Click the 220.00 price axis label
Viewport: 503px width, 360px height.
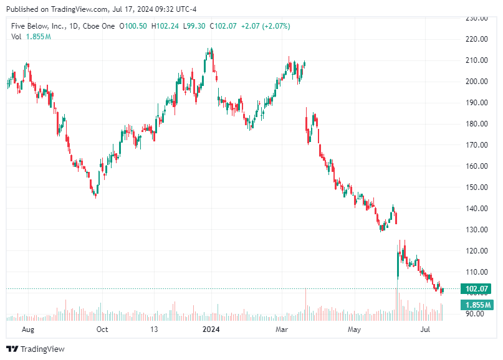pyautogui.click(x=476, y=39)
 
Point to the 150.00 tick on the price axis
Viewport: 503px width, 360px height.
pyautogui.click(x=476, y=187)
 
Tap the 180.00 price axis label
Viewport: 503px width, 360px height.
pyautogui.click(x=476, y=124)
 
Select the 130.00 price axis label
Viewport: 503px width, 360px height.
pyautogui.click(x=476, y=230)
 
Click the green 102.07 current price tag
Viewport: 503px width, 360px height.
pyautogui.click(x=476, y=289)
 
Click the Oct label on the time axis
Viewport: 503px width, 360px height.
pyautogui.click(x=102, y=329)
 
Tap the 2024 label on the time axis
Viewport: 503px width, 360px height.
pyautogui.click(x=211, y=329)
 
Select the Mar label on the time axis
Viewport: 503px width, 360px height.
pyautogui.click(x=282, y=329)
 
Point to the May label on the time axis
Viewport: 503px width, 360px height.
pyautogui.click(x=354, y=329)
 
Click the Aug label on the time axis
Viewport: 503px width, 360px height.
pyautogui.click(x=28, y=329)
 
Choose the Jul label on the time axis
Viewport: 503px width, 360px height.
pyautogui.click(x=426, y=329)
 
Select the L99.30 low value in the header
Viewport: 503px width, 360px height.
pyautogui.click(x=196, y=26)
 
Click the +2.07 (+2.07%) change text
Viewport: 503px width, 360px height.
pyautogui.click(x=266, y=26)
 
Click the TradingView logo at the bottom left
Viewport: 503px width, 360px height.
pyautogui.click(x=35, y=349)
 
